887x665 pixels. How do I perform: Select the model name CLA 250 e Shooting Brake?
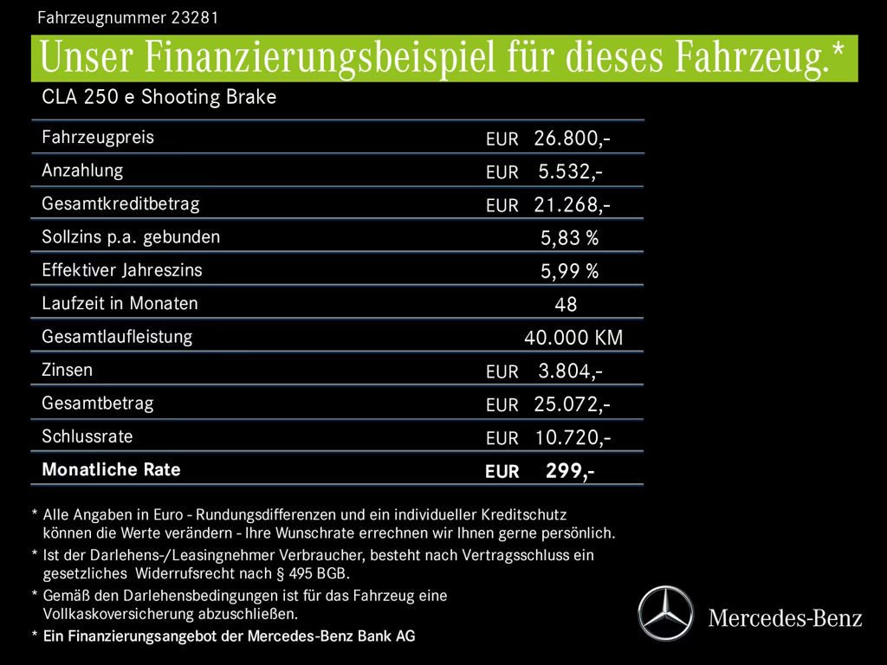click(159, 97)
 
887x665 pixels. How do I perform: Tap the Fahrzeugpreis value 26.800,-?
click(572, 138)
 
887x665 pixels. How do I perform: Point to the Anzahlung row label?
click(82, 171)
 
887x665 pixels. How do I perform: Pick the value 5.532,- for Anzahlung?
click(570, 171)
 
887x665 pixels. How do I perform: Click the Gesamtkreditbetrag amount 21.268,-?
click(572, 205)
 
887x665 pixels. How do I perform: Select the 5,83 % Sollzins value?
click(569, 238)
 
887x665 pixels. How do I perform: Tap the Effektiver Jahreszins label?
click(122, 270)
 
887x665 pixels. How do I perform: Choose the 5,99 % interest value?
click(569, 272)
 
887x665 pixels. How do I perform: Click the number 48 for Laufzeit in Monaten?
click(566, 305)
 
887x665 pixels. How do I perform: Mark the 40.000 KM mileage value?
click(573, 338)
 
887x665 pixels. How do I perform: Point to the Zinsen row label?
click(68, 370)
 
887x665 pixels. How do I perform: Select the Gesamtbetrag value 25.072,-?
click(572, 404)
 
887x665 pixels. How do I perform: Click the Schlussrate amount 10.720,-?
click(572, 437)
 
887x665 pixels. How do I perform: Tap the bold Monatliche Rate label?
click(111, 469)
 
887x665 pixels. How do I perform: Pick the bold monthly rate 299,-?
click(569, 471)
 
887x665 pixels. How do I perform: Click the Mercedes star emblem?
click(665, 613)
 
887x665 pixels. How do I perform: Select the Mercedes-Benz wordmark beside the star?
click(785, 618)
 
